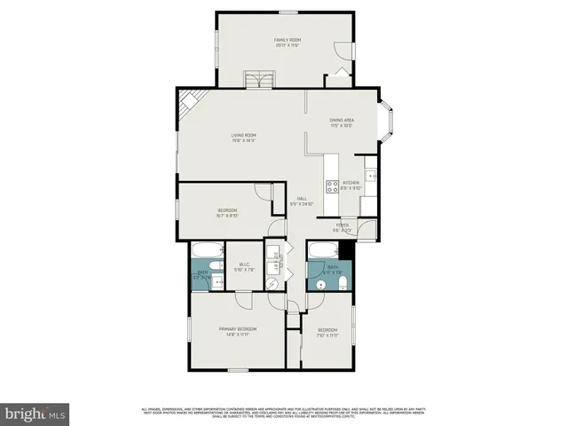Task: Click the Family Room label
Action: pyautogui.click(x=285, y=43)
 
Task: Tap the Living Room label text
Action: pyautogui.click(x=243, y=138)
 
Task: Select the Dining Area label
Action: pyautogui.click(x=342, y=122)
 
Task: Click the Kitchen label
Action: pyautogui.click(x=351, y=185)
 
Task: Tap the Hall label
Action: pyautogui.click(x=302, y=201)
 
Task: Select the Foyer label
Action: pyautogui.click(x=343, y=227)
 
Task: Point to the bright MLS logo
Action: pyautogui.click(x=35, y=414)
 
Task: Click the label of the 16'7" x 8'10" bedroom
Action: pyautogui.click(x=227, y=212)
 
